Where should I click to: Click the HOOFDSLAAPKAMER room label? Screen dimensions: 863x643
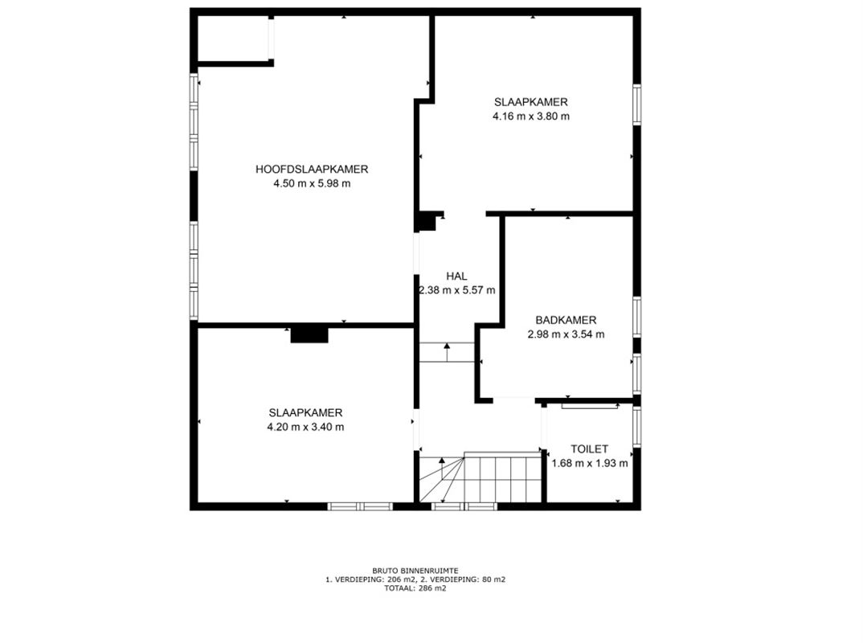pos(312,170)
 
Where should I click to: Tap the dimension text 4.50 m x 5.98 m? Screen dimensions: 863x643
pos(312,184)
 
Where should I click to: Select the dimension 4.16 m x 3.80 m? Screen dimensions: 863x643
pos(531,117)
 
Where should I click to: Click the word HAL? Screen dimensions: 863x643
pos(457,276)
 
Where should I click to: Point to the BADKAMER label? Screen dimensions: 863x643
pos(566,320)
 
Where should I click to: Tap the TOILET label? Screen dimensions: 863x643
pos(590,449)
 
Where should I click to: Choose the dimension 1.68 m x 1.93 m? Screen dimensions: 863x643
pos(590,464)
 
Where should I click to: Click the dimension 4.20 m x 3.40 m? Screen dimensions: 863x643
pos(305,428)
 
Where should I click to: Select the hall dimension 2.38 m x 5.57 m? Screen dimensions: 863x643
pos(457,290)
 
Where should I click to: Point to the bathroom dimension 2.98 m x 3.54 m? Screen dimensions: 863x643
pos(566,334)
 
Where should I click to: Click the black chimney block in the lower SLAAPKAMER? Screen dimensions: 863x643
pos(309,334)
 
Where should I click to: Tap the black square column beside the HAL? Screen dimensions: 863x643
pos(425,222)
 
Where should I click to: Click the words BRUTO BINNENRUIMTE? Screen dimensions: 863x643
pos(415,571)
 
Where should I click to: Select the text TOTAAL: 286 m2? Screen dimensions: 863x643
pos(415,588)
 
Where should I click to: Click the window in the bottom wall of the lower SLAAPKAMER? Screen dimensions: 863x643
pos(361,506)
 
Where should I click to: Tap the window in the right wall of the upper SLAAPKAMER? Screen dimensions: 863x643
pos(636,104)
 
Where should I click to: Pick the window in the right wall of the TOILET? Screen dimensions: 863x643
pos(636,427)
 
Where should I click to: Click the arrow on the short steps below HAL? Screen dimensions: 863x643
pos(447,352)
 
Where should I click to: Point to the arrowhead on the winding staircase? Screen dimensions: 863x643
pos(441,461)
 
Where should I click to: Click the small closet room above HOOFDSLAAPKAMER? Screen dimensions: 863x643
pos(233,38)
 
